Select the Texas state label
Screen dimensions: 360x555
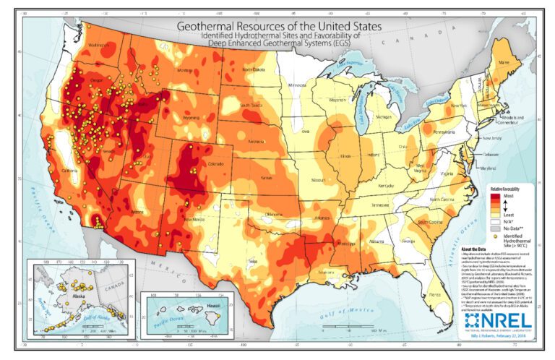[x=251, y=260]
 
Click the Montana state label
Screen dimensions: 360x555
[x=185, y=70]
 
